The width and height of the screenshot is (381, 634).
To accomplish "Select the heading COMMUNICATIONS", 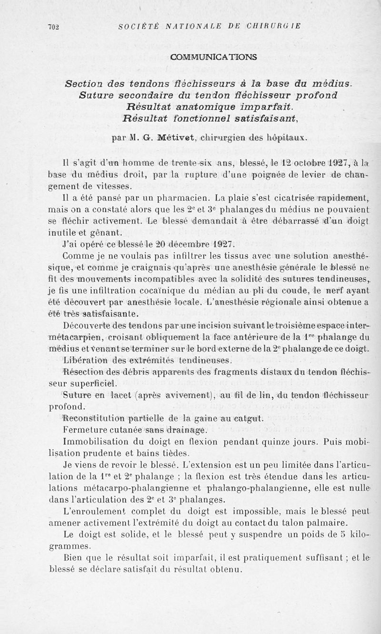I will [x=213, y=57].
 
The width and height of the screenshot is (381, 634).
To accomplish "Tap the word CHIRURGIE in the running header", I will [x=280, y=27].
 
